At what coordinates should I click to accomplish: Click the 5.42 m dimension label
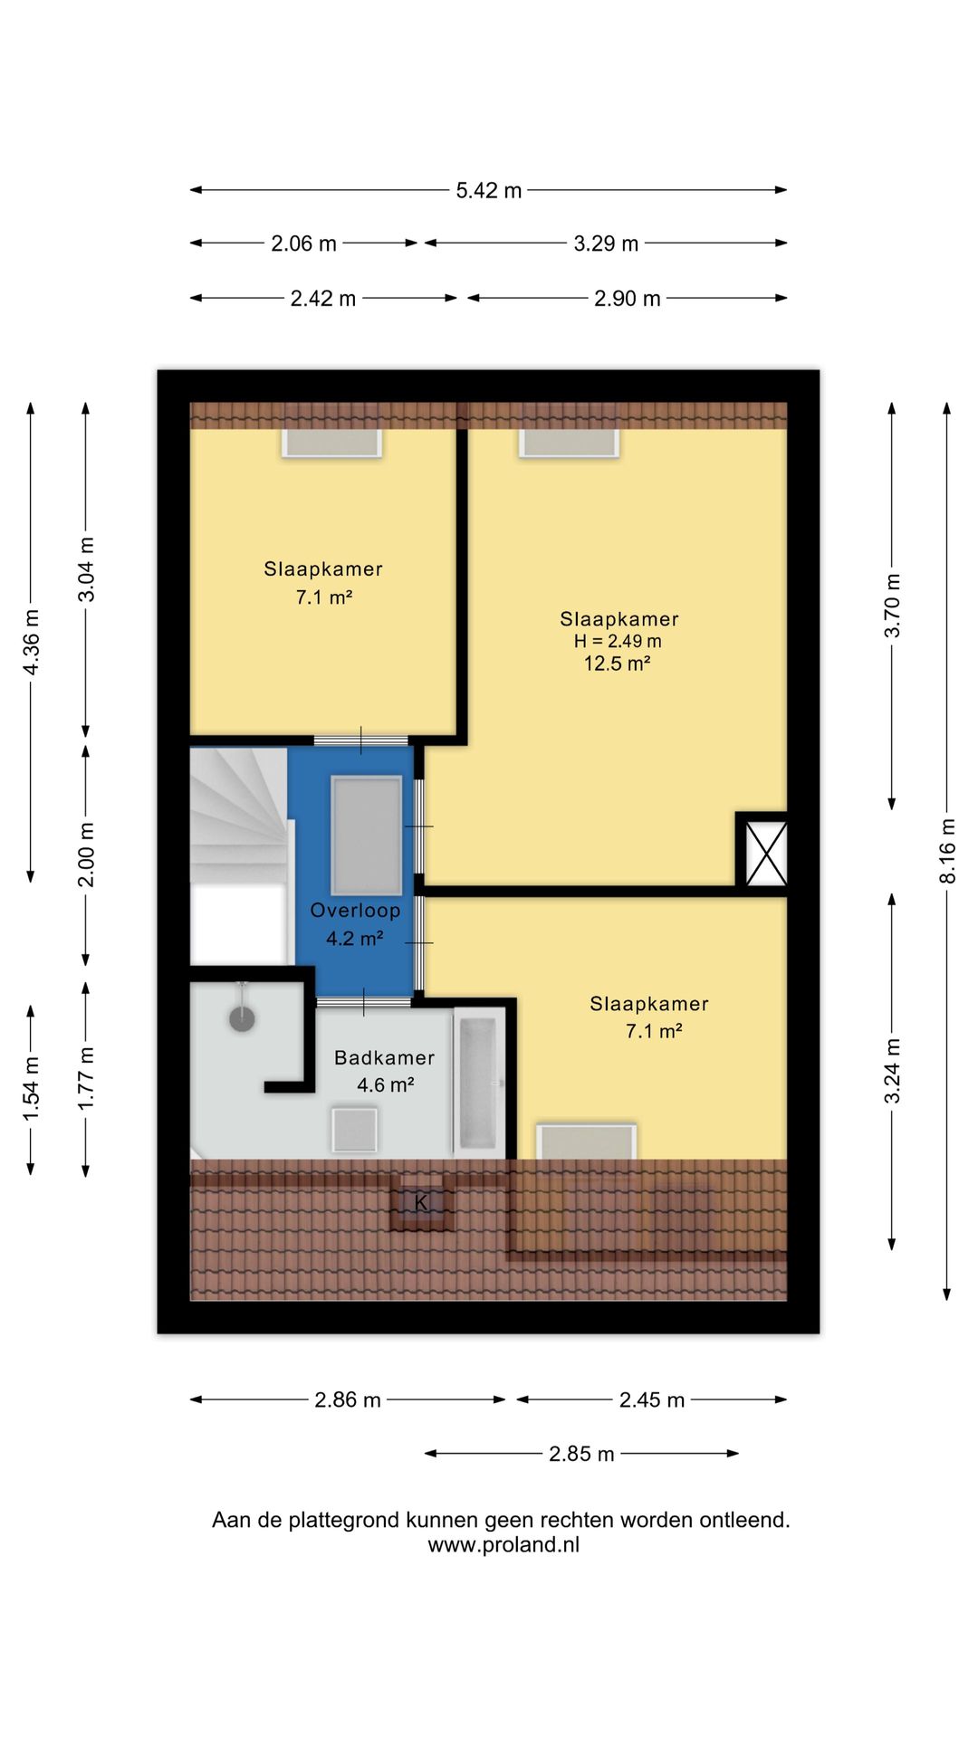click(489, 190)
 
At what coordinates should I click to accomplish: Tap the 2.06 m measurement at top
click(303, 244)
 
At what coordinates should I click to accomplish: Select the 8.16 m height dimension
click(947, 851)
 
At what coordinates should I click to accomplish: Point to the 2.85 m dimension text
click(581, 1454)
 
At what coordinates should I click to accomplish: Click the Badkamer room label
click(384, 1057)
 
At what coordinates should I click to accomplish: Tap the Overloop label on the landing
click(355, 911)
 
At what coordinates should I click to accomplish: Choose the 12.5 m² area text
click(617, 664)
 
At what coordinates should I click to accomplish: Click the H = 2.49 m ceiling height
click(618, 641)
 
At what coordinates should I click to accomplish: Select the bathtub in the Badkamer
click(478, 1083)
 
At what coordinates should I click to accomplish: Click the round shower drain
click(242, 1018)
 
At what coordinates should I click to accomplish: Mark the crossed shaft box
click(766, 854)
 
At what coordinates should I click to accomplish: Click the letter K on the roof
click(420, 1203)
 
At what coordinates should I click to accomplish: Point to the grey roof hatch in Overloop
click(367, 835)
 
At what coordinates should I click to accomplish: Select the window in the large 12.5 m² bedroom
click(570, 442)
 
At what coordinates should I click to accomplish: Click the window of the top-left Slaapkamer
click(331, 442)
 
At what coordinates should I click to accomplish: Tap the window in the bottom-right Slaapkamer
click(587, 1141)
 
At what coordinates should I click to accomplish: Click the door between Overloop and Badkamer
click(364, 1001)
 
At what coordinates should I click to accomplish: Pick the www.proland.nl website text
click(503, 1545)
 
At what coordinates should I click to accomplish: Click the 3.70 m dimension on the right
click(892, 606)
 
